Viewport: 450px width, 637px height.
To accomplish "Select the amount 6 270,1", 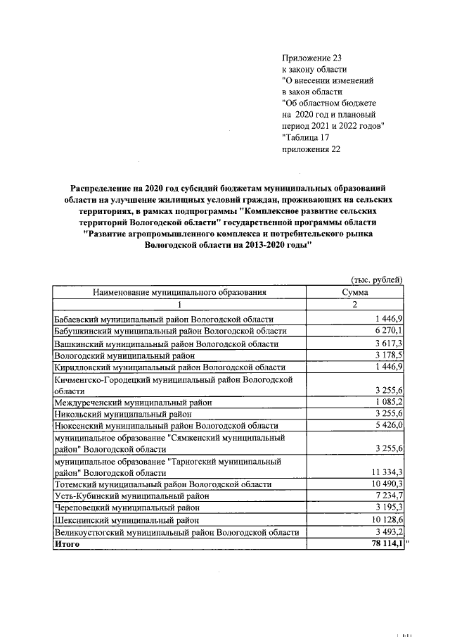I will (x=388, y=331).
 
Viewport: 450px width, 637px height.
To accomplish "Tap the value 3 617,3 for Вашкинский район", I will (x=388, y=343).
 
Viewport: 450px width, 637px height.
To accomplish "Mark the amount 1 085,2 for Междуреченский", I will (x=388, y=402).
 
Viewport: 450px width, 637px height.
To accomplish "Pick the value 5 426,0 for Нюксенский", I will (x=388, y=426).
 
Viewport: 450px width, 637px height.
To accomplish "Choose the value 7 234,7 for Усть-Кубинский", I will (x=388, y=496).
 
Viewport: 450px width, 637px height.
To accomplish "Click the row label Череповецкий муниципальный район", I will (x=127, y=508).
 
